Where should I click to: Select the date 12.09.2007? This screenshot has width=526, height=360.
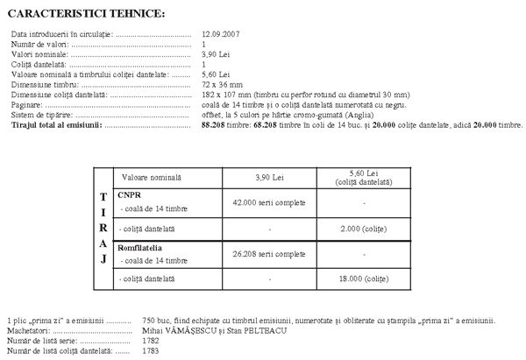pos(220,33)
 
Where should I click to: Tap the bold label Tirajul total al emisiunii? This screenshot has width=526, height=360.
pos(56,125)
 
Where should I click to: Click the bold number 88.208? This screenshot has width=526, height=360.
pos(214,125)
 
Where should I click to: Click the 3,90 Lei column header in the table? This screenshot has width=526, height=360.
pos(270,177)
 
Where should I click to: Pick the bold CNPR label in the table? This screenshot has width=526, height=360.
pos(129,195)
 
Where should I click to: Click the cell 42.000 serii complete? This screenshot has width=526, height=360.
pos(268,202)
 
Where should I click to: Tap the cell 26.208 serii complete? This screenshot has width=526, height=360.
pos(268,254)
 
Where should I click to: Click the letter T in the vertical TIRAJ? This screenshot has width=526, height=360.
pos(103,196)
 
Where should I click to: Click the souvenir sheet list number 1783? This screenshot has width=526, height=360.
pos(151,351)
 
